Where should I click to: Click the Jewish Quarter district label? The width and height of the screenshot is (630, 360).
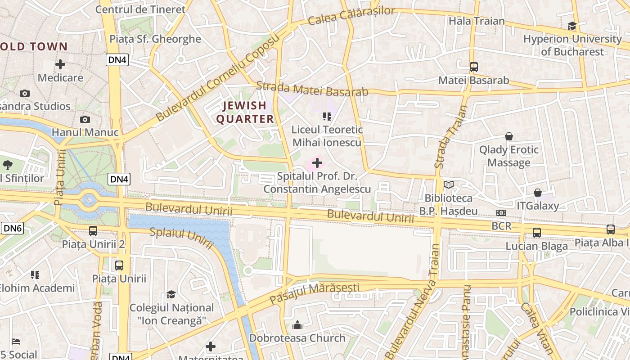tap(245, 112)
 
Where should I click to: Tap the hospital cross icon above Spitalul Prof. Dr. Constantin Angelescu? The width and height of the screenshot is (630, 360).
tap(317, 163)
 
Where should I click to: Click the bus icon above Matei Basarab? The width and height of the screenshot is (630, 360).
tap(473, 67)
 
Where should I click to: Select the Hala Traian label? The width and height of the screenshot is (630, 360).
tap(477, 21)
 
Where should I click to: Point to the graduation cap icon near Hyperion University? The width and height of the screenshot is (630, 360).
tap(572, 26)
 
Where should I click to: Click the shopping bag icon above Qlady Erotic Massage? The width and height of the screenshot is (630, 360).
tap(509, 136)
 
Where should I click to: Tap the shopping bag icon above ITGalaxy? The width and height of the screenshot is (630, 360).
tap(537, 193)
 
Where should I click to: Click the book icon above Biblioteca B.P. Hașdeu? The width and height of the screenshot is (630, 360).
tap(449, 184)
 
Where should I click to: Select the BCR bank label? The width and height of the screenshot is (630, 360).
tap(502, 226)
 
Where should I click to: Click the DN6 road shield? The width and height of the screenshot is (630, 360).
tap(12, 228)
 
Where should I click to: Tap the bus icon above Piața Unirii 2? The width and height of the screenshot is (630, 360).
tap(93, 231)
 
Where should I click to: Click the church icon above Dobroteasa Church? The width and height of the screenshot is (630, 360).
tap(297, 325)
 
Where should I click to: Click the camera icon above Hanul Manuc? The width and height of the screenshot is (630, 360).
tap(85, 119)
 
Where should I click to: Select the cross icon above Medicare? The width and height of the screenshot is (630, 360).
tap(60, 64)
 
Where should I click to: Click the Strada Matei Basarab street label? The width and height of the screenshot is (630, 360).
tap(312, 89)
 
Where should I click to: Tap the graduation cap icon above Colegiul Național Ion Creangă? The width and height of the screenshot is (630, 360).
tap(171, 294)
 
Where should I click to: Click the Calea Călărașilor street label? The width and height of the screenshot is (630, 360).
tap(351, 16)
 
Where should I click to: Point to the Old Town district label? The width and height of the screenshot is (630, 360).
tap(34, 46)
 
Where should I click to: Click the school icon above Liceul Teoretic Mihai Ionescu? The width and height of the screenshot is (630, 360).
tap(327, 117)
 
